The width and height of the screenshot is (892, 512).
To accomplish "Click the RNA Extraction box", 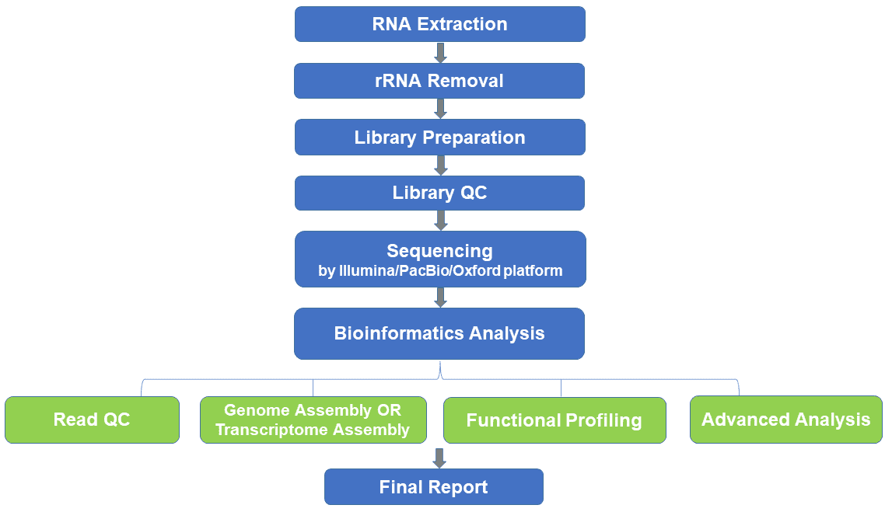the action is [439, 24].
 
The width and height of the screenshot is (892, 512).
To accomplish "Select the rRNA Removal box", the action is [439, 81].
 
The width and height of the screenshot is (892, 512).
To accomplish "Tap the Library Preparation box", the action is [439, 137].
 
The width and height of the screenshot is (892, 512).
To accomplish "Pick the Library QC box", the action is [439, 193].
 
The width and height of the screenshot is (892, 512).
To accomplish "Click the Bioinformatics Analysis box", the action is [439, 333].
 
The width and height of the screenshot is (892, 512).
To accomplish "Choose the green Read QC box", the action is [93, 420].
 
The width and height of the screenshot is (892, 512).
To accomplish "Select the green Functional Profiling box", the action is [554, 420].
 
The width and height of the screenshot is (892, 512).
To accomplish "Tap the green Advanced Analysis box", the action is [786, 420].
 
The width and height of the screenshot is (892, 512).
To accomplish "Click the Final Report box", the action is [434, 486].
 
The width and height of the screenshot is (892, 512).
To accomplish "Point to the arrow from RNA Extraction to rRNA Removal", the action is [440, 52].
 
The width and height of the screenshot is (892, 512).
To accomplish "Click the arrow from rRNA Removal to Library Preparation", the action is [440, 109].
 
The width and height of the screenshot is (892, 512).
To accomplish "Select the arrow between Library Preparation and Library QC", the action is [440, 165].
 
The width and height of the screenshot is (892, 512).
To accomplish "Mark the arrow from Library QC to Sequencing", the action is [440, 221].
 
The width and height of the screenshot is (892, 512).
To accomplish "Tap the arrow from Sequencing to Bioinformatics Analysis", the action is [440, 298].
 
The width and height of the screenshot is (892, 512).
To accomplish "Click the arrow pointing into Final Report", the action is [439, 458].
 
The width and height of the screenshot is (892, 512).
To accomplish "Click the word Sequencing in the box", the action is [439, 251].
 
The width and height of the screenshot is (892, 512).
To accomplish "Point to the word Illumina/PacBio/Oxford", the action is [419, 270].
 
